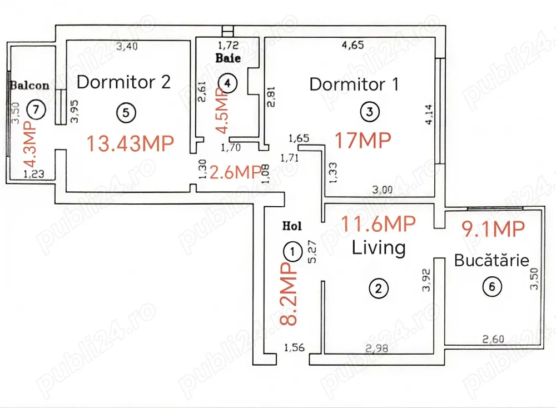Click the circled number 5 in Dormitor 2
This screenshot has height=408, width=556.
(x=126, y=113)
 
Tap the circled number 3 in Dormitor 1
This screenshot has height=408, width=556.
(x=370, y=112)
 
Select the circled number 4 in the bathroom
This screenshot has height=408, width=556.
(x=227, y=83)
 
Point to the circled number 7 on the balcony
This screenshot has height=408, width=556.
(x=36, y=110)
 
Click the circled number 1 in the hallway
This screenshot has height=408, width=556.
(x=292, y=252)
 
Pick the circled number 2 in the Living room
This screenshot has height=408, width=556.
(x=378, y=288)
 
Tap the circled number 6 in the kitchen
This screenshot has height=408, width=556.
(x=492, y=286)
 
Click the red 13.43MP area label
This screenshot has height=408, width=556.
(x=131, y=143)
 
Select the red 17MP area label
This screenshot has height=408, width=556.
(x=363, y=140)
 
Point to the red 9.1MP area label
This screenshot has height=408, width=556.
(x=493, y=229)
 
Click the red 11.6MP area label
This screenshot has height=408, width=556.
(x=378, y=224)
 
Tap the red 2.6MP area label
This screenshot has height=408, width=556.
(x=236, y=173)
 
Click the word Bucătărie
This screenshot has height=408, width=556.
(x=492, y=260)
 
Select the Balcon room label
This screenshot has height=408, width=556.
(x=30, y=86)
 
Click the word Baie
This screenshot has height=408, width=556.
(x=228, y=58)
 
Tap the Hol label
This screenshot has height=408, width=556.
(x=292, y=226)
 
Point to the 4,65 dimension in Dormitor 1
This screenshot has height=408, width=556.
(x=353, y=45)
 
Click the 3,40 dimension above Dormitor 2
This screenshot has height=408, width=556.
(x=127, y=46)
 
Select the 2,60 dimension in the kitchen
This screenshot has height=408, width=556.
(x=493, y=339)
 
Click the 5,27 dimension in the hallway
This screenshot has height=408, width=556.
(x=312, y=252)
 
